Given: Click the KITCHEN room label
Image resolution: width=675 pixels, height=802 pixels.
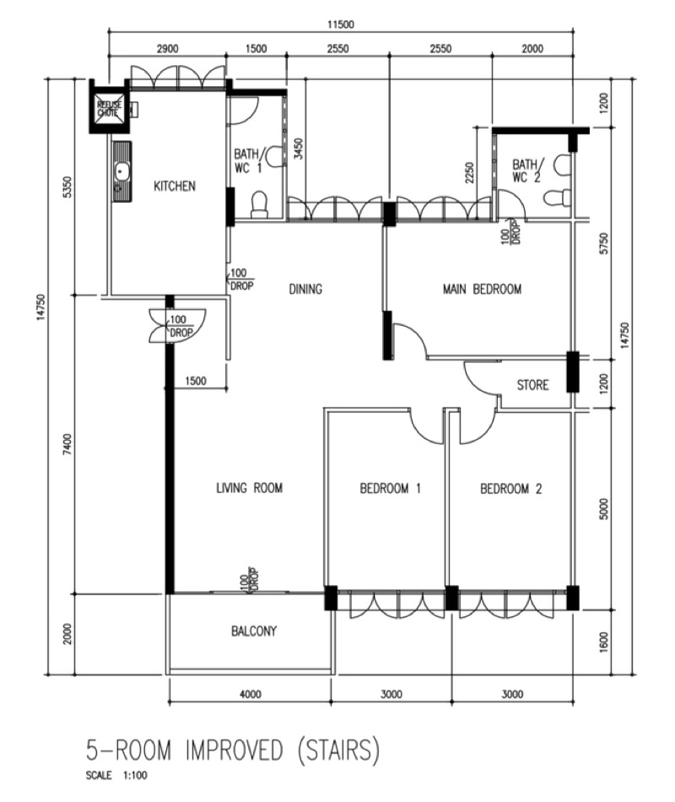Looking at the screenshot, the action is click(x=175, y=186).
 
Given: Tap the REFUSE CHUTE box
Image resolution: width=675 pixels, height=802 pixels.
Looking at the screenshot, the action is click(x=109, y=108).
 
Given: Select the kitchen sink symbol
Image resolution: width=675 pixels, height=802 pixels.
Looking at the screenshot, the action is click(x=122, y=172).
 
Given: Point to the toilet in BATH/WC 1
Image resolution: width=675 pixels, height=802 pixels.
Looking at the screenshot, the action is click(x=259, y=204).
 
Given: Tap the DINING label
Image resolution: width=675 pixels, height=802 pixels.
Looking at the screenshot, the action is click(x=305, y=289).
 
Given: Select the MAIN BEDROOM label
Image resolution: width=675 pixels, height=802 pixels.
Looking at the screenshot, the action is click(x=483, y=289).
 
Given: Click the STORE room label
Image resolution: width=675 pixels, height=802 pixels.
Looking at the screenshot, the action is click(x=533, y=385).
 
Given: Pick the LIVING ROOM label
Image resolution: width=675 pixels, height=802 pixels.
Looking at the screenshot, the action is click(x=250, y=488).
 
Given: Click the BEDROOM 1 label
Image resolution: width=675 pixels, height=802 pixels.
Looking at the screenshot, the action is click(x=390, y=489).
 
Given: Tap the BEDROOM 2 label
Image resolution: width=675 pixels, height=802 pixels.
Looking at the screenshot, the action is click(x=510, y=489).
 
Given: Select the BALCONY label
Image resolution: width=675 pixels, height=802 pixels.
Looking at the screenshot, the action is click(x=254, y=631).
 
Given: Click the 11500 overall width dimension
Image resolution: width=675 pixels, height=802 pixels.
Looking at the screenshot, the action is click(x=341, y=24).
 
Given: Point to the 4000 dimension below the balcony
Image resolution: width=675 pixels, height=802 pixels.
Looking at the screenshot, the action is click(x=251, y=694).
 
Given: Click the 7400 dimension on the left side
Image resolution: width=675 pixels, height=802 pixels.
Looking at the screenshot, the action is click(x=68, y=444).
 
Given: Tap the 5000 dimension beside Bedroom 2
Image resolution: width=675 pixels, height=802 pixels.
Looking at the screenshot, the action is click(x=604, y=509).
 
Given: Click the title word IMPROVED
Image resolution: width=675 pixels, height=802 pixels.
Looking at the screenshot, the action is click(x=234, y=751).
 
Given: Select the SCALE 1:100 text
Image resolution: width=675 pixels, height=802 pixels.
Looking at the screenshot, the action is click(x=116, y=775).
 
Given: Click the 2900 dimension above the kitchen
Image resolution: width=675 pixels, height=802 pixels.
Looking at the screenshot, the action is click(x=167, y=49).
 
